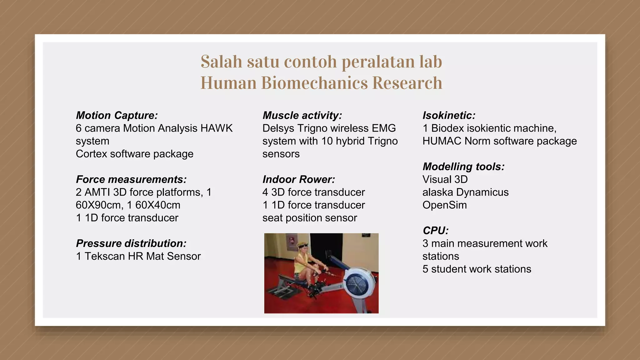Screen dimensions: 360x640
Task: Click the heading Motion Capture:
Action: coord(117,115)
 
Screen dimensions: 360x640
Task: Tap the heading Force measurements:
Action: coord(131,179)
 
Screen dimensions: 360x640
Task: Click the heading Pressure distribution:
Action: coord(131,243)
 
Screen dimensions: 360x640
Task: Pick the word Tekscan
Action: coord(105,256)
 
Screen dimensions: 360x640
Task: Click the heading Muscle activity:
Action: coord(302,115)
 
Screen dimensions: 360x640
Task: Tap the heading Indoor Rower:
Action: coord(299,179)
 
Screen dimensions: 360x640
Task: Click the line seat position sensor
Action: coord(309,218)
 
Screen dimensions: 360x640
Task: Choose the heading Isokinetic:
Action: coord(449,115)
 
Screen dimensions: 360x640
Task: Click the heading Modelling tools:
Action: coord(463,167)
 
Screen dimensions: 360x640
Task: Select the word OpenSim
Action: coord(444,205)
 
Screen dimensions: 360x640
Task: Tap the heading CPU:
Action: coord(436,231)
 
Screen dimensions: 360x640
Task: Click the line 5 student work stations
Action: coord(477,269)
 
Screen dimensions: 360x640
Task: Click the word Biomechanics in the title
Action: coord(314,83)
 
